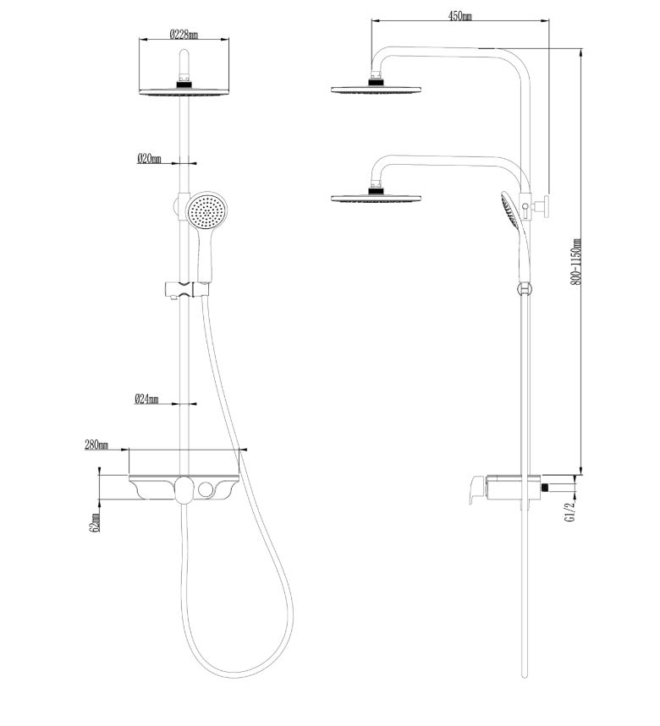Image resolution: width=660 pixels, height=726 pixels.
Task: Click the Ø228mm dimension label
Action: click(184, 35)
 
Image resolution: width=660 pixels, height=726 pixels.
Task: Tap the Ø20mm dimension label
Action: click(149, 159)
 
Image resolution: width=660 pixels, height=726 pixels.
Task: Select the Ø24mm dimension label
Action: click(147, 399)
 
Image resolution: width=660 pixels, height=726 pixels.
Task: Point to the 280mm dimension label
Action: click(96, 445)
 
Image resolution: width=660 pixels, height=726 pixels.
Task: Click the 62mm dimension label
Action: click(96, 522)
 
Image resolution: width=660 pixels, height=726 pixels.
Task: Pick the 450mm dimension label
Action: click(459, 16)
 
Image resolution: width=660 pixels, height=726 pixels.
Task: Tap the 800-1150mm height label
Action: click(576, 262)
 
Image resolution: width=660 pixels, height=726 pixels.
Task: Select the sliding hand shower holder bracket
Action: click(186, 289)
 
